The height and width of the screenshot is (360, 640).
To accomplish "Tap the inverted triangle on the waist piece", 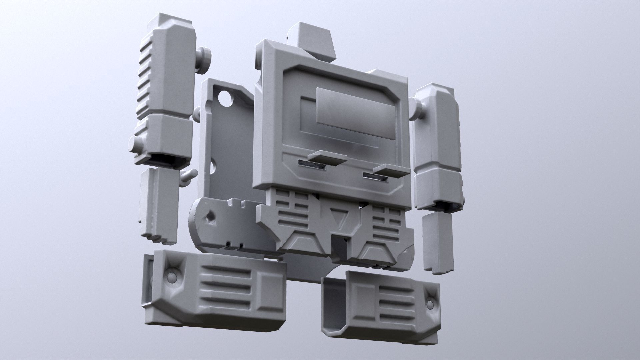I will [340, 217].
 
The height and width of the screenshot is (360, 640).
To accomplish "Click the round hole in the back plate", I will [225, 98].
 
